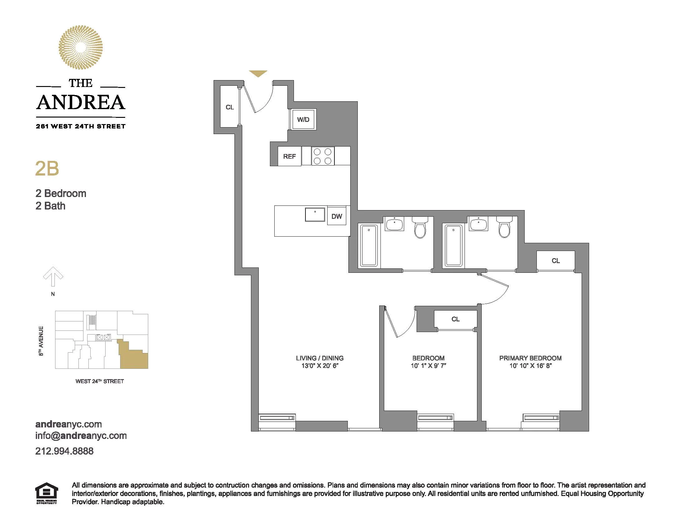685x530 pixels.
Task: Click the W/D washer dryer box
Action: click(303, 119)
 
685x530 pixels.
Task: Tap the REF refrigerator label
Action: click(289, 157)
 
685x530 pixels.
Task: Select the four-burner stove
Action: click(323, 157)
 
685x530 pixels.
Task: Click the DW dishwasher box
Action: click(337, 216)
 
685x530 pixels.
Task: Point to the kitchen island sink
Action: click(315, 215)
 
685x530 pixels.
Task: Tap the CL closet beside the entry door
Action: click(229, 107)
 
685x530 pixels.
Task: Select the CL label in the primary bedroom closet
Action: click(555, 261)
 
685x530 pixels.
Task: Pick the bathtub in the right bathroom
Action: click(453, 246)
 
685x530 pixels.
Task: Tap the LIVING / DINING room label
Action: click(319, 358)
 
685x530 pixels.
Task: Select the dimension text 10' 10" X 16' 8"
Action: click(530, 365)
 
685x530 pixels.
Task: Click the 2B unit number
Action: click(47, 169)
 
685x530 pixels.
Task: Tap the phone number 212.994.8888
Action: click(64, 451)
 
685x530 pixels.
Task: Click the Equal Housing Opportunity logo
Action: click(46, 493)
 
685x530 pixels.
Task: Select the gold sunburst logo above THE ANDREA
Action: click(81, 47)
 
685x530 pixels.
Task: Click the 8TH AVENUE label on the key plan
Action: click(41, 341)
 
